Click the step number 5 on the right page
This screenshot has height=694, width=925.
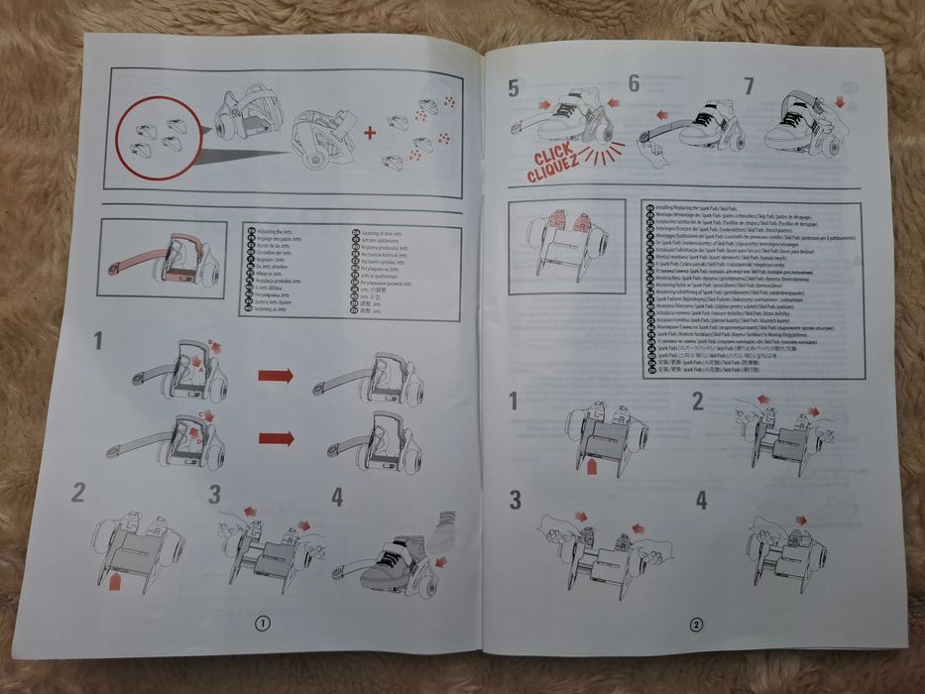pyautogui.click(x=513, y=88)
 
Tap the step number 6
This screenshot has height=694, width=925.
pyautogui.click(x=634, y=84)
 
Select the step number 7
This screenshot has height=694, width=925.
pyautogui.click(x=748, y=86)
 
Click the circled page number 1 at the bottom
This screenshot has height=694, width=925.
pyautogui.click(x=262, y=623)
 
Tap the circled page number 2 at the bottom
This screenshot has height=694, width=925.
pyautogui.click(x=696, y=625)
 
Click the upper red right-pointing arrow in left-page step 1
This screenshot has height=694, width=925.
pyautogui.click(x=276, y=376)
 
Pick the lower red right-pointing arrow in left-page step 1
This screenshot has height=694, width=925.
pyautogui.click(x=276, y=437)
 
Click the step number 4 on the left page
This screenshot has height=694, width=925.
pyautogui.click(x=337, y=496)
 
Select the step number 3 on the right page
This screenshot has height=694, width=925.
pyautogui.click(x=515, y=499)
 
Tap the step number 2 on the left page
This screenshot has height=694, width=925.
pyautogui.click(x=78, y=491)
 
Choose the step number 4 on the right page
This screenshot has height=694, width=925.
pyautogui.click(x=702, y=500)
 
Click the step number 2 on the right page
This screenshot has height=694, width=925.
pyautogui.click(x=698, y=402)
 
